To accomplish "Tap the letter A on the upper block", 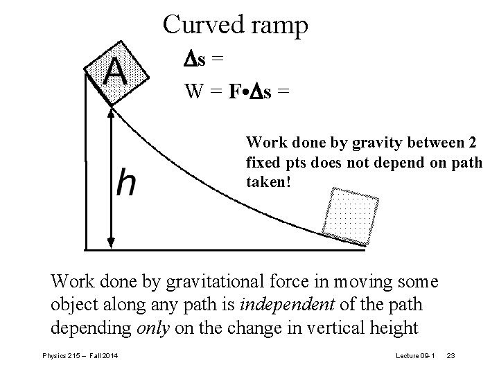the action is (x=115, y=72).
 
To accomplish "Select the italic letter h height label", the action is (x=125, y=184).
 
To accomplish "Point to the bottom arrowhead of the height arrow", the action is (x=111, y=242).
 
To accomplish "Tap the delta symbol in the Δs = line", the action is (x=190, y=60).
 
